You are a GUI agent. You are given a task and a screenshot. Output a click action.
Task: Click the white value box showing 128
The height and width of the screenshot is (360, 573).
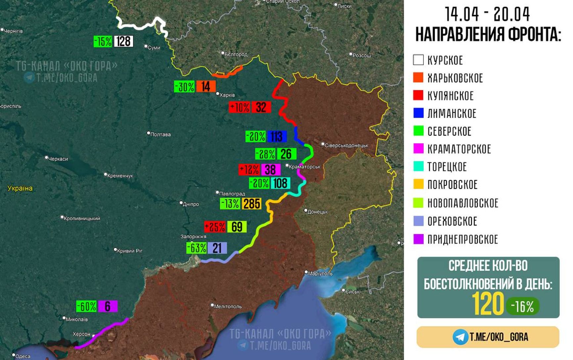click(123, 41)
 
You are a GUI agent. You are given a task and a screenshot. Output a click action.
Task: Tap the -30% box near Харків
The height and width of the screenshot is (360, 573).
click(184, 87)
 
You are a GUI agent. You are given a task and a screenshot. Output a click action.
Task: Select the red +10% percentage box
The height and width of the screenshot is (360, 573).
click(240, 107)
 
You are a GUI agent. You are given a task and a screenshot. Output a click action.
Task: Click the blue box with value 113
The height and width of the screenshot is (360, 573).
click(277, 136)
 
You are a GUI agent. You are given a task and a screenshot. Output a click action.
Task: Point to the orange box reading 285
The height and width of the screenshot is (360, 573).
click(251, 204)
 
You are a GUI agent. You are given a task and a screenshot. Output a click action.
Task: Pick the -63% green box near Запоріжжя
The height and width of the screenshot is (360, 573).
click(197, 248)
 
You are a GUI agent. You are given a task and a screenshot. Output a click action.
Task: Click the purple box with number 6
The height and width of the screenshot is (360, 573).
click(108, 306)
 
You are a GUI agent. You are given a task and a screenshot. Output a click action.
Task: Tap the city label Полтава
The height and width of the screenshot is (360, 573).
click(160, 134)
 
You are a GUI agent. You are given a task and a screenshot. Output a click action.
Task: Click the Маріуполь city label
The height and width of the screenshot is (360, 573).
click(320, 273)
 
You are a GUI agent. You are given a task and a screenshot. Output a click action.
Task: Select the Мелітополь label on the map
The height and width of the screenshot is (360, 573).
click(228, 306)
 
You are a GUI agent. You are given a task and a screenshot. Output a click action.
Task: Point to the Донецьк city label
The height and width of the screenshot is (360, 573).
click(317, 212)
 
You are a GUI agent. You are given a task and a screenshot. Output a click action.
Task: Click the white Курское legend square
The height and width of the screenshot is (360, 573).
click(418, 60)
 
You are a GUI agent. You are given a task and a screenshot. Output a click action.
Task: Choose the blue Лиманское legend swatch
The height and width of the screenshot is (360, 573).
click(418, 113)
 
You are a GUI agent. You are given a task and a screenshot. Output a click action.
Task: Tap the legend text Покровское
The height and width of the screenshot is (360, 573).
click(452, 184)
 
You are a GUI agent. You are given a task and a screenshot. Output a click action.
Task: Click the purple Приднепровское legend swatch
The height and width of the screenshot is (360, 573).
click(418, 239)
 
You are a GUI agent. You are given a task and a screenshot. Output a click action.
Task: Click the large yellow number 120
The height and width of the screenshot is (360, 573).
click(487, 304)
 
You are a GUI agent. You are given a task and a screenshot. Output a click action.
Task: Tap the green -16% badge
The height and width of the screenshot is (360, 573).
click(522, 306)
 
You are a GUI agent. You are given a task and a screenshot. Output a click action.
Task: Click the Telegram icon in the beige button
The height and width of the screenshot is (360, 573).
click(460, 337)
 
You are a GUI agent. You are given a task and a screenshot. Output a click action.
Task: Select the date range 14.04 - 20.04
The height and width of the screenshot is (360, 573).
click(487, 14)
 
